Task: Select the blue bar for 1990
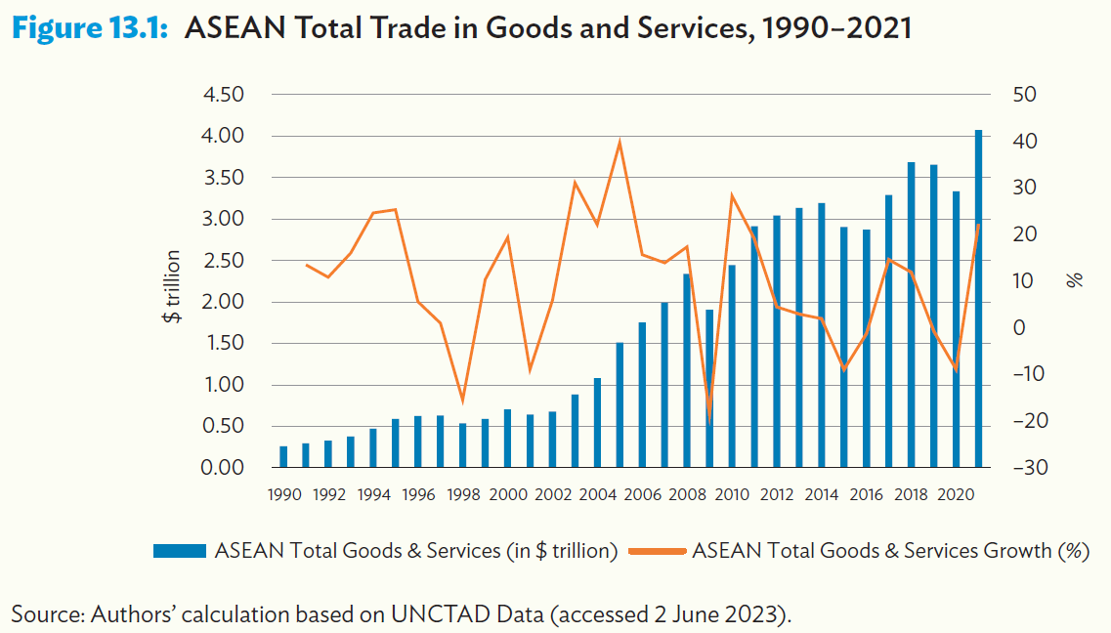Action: click(x=283, y=456)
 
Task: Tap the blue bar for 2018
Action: click(x=911, y=315)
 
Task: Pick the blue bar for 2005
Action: click(x=620, y=404)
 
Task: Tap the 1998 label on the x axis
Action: click(x=462, y=494)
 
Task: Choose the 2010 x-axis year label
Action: click(x=732, y=494)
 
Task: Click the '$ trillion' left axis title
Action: click(x=172, y=286)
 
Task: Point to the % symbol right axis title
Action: click(x=1076, y=280)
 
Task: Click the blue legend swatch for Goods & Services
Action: click(x=179, y=551)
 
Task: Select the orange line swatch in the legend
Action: click(x=659, y=551)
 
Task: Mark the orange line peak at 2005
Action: click(x=620, y=142)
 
